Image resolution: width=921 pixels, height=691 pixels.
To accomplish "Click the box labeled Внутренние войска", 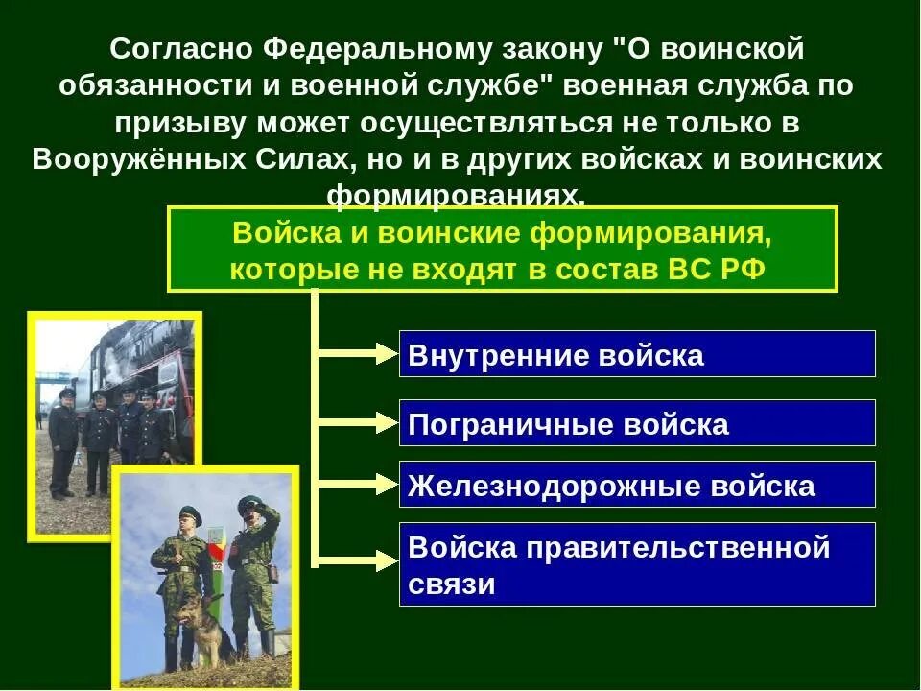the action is [x=637, y=354].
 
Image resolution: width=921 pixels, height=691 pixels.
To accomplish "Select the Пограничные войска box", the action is [x=637, y=423].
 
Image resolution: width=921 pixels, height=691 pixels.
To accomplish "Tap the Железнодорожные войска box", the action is [x=637, y=485].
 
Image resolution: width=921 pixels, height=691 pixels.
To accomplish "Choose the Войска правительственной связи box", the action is [x=637, y=564].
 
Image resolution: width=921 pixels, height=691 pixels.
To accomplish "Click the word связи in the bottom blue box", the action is [x=452, y=584].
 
